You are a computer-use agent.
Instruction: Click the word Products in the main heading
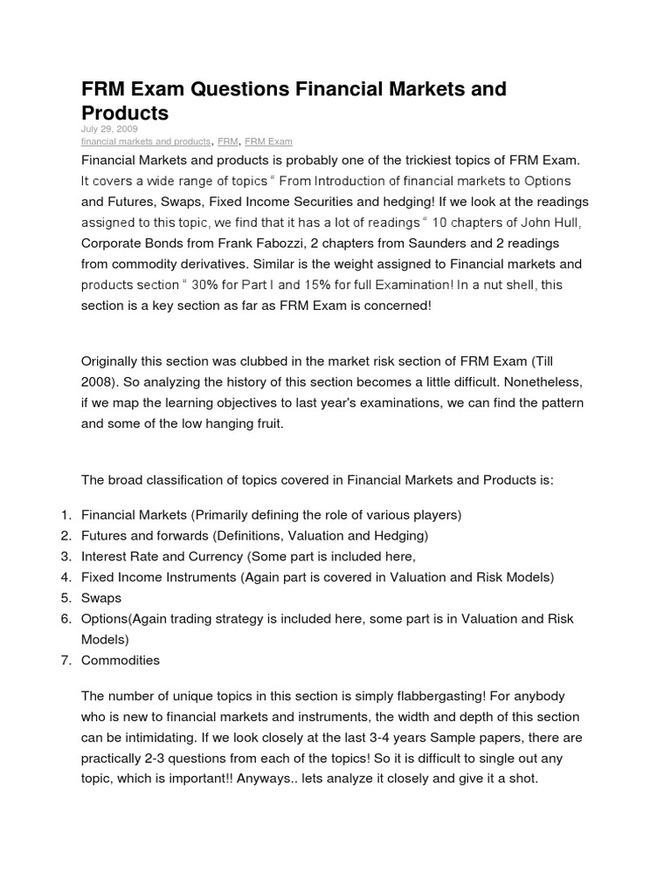click(125, 113)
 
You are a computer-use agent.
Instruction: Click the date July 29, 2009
click(109, 128)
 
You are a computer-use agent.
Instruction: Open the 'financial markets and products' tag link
click(146, 141)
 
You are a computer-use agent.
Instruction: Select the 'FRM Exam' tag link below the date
click(268, 141)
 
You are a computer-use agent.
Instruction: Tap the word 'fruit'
click(266, 423)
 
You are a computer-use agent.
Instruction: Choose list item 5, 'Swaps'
click(101, 598)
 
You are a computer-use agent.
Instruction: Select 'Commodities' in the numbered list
click(121, 660)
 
